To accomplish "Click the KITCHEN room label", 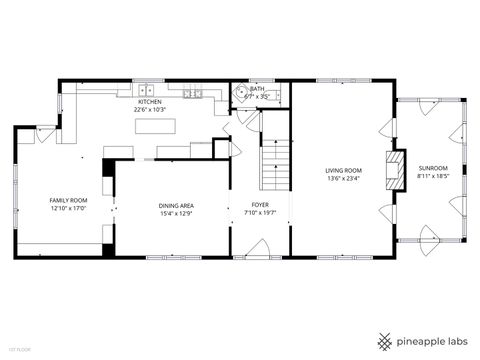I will (x=150, y=101).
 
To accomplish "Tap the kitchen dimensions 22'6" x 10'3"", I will (x=150, y=109).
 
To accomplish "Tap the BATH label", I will (x=257, y=89).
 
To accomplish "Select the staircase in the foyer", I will (x=274, y=165).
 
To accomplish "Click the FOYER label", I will (x=260, y=205).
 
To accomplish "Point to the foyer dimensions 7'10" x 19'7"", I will (x=260, y=213).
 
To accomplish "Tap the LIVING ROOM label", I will (x=343, y=171).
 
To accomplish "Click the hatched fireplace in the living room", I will (x=397, y=165).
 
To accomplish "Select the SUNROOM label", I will (x=433, y=168).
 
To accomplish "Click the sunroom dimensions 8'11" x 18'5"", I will (x=433, y=176).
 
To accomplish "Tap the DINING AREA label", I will (x=176, y=205).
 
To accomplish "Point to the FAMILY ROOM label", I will (x=69, y=200).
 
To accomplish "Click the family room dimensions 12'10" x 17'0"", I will (x=69, y=209).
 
